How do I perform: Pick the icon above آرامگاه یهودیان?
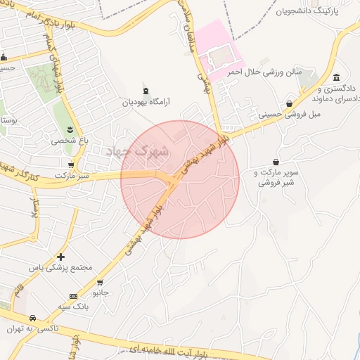point(146,90)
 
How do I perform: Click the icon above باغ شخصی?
point(70,129)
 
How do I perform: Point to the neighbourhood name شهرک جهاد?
point(136,150)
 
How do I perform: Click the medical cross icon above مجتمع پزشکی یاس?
point(60,257)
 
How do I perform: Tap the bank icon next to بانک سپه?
point(74,297)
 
